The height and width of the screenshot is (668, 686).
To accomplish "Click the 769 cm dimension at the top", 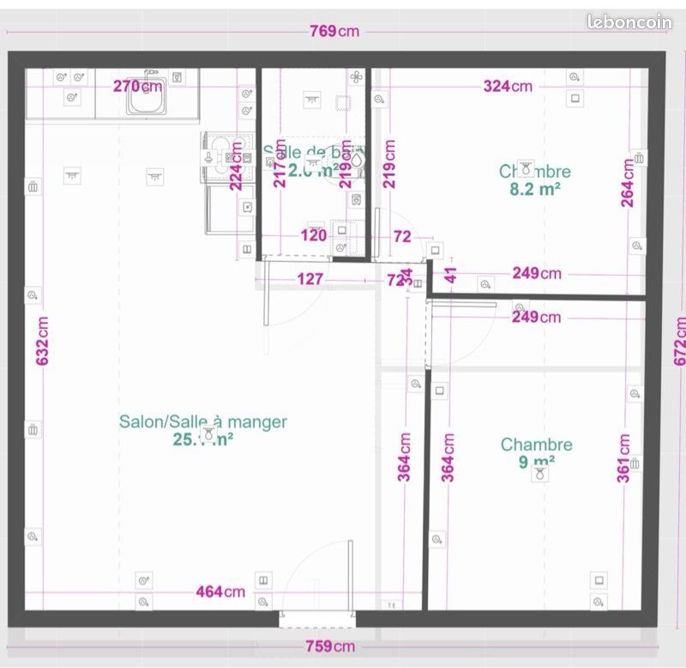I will pos(334,32).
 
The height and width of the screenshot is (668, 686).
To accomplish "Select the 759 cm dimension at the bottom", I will pos(332,646).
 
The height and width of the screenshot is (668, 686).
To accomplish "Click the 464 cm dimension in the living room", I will pos(220,592).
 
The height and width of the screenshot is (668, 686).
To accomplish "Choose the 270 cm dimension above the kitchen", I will pos(137,86).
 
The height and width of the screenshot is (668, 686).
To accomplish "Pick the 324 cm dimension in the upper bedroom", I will pos(508,86).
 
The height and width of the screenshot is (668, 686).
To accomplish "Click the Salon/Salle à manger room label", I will pos(202,422).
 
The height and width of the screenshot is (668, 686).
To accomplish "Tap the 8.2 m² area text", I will pos(535,190).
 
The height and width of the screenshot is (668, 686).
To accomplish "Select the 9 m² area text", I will pos(536,462).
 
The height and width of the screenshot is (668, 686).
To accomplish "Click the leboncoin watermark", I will pos(629,23).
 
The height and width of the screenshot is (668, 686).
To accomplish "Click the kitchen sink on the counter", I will pos(147,99).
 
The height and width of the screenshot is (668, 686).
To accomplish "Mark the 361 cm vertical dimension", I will pos(624,458).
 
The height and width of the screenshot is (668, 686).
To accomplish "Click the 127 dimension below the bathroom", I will pos(310,279).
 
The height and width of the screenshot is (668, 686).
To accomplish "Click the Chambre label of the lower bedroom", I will pos(536,445).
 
